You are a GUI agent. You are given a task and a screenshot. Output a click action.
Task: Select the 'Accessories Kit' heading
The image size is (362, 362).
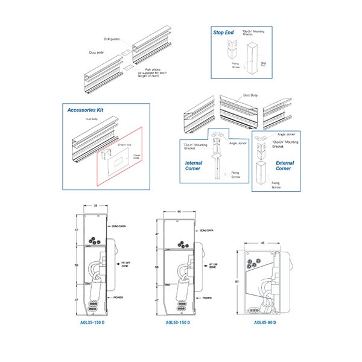pyautogui.click(x=86, y=110)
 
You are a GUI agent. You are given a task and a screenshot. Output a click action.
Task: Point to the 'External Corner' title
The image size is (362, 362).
pyautogui.click(x=284, y=165)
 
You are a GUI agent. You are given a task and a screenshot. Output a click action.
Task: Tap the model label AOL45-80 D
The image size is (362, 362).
pyautogui.click(x=266, y=323)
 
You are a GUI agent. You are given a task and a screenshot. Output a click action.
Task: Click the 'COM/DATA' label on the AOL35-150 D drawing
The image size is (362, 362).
pyautogui.click(x=120, y=226)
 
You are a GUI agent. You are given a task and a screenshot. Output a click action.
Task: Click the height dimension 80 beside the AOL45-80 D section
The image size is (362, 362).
pyautogui.click(x=237, y=281)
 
